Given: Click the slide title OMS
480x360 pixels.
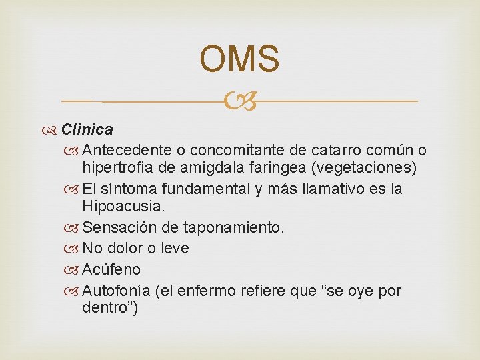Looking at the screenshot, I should [x=239, y=59].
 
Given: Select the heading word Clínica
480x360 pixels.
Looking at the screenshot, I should [x=87, y=128].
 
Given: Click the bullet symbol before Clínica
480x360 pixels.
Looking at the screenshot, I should [x=53, y=129].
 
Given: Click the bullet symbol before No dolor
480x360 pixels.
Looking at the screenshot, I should [x=76, y=249].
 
